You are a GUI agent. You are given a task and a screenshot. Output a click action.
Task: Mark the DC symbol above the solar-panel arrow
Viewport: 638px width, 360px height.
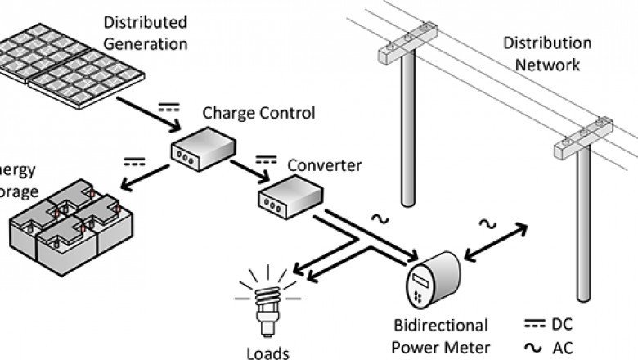168,105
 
